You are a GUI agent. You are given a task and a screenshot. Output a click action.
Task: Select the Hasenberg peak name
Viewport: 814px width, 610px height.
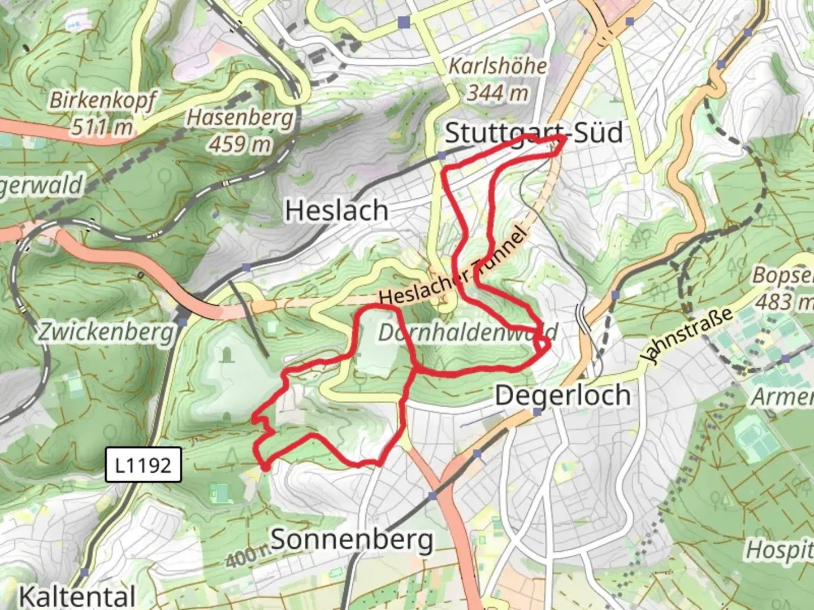tap(240, 118)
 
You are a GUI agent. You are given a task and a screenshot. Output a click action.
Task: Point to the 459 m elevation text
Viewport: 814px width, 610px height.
tap(240, 145)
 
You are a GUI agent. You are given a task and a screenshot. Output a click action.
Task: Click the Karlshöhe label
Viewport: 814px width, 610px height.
tap(497, 66)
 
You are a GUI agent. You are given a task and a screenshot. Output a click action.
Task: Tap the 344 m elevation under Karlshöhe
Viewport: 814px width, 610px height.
tap(497, 92)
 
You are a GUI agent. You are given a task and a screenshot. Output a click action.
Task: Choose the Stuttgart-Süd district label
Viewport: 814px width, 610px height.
tap(534, 133)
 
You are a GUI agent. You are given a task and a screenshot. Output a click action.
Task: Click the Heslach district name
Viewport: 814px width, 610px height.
tap(337, 211)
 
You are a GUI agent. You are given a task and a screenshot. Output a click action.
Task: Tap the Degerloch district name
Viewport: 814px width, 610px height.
tap(562, 395)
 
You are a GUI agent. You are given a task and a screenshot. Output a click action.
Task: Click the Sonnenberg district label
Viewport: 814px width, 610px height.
tap(352, 539)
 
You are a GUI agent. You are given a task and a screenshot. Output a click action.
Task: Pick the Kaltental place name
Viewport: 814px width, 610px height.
tap(77, 596)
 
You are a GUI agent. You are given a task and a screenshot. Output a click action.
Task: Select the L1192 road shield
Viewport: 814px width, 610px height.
tap(143, 465)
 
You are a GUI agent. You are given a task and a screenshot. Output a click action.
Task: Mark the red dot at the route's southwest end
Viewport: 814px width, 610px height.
tap(265, 467)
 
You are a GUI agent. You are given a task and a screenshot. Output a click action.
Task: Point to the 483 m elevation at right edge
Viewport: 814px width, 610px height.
tap(783, 302)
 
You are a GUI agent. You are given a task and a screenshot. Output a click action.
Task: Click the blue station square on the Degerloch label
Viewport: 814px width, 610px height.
tap(537, 412)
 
